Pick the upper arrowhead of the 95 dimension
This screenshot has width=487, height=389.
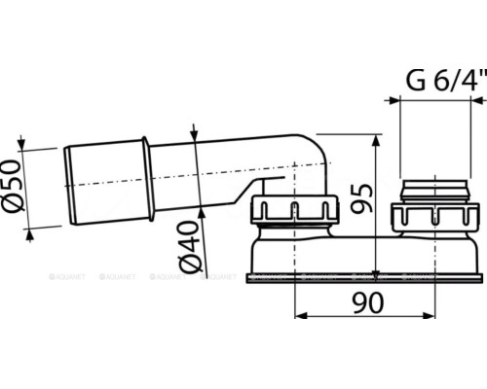coord(375,135)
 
